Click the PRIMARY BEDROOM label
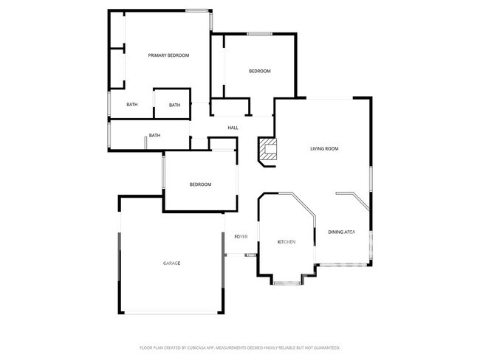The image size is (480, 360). [x=168, y=55]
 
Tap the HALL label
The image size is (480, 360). [x=233, y=128]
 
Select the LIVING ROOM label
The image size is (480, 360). [x=323, y=149]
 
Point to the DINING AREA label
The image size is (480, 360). [x=341, y=232]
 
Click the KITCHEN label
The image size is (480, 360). [x=286, y=242]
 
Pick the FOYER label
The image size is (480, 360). [x=241, y=236]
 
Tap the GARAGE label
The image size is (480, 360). [x=172, y=263]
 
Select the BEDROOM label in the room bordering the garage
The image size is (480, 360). [x=200, y=184]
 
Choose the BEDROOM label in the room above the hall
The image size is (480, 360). [x=259, y=71]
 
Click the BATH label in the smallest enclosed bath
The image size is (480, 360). [x=174, y=105]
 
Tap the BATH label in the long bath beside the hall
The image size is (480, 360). [x=155, y=135]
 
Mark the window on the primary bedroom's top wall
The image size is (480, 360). [x=196, y=10]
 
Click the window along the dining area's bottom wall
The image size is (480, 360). [x=343, y=265]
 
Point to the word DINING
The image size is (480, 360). [x=336, y=232]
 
